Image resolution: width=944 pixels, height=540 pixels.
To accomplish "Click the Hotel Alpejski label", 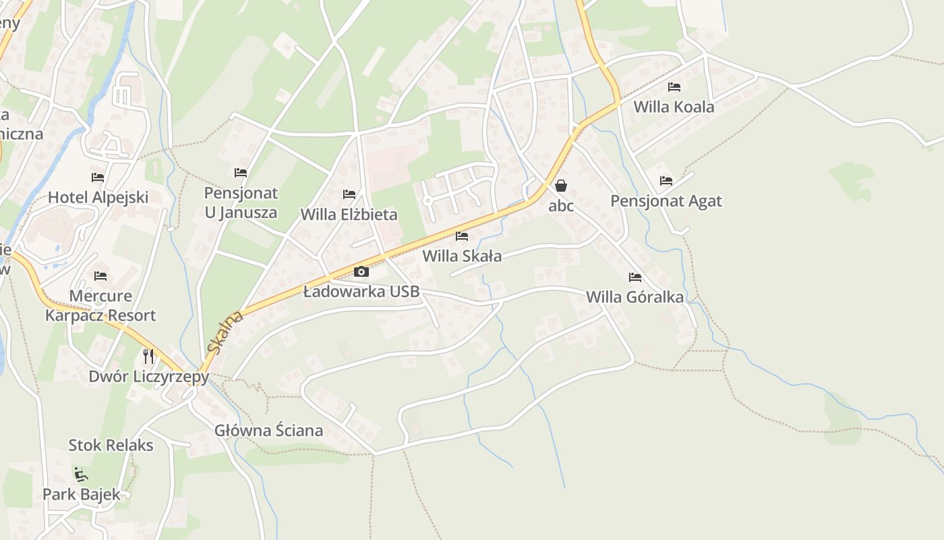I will (x=98, y=197).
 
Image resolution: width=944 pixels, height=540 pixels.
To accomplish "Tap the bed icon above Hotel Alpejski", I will (x=98, y=178).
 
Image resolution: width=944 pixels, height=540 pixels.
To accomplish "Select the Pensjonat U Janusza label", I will (x=241, y=202).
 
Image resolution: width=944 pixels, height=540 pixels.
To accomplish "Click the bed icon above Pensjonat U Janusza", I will (x=241, y=173).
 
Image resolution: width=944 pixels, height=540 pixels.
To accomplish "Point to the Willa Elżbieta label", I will (x=349, y=215).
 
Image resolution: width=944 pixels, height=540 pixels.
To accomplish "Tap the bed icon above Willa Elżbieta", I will (x=349, y=194).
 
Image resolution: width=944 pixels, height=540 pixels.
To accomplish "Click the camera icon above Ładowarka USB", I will (x=361, y=272).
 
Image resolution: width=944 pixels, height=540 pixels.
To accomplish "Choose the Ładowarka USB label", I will (x=361, y=292).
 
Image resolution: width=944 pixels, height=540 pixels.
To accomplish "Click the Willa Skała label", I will (x=462, y=256).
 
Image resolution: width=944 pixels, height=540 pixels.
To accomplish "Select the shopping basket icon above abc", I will (x=561, y=186).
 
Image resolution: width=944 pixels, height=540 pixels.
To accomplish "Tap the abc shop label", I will (x=561, y=206).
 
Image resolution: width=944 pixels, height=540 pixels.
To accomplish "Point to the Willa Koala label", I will (x=674, y=107).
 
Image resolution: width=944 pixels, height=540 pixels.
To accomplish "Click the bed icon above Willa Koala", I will (x=674, y=87).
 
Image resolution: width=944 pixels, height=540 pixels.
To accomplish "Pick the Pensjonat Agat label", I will (x=666, y=200).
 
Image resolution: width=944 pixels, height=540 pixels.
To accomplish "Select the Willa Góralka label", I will (x=635, y=297).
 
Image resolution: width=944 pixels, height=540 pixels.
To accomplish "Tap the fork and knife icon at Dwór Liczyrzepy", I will (x=148, y=356).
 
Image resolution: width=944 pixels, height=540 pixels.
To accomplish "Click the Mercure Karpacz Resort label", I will (x=100, y=306).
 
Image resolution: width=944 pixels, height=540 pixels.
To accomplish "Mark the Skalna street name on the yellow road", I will (x=225, y=333).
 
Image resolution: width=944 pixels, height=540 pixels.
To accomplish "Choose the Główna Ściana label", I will (x=268, y=431).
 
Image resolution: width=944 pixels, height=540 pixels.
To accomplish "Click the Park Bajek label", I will (x=82, y=494).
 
